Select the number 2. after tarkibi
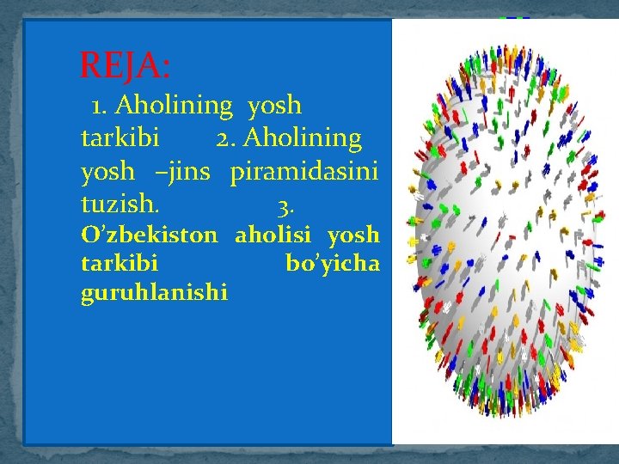(x=228, y=138)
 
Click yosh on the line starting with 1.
(x=274, y=106)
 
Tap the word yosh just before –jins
(x=107, y=172)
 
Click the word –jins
(x=181, y=172)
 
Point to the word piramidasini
(x=303, y=172)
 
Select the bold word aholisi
(x=276, y=235)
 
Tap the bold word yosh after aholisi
(x=352, y=235)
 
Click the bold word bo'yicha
(x=332, y=264)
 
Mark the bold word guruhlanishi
(x=154, y=293)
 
